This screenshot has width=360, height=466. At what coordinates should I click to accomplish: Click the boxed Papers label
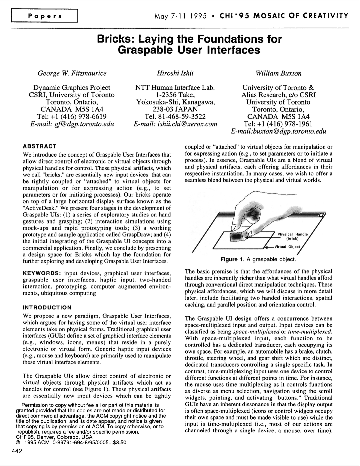(x=45, y=16)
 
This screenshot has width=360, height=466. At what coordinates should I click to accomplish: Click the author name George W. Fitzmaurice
(x=72, y=73)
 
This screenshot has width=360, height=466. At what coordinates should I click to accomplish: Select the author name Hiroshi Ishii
(x=175, y=73)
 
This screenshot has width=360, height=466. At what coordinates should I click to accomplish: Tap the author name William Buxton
(x=278, y=73)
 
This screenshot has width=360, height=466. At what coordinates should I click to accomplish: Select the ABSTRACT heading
(x=39, y=146)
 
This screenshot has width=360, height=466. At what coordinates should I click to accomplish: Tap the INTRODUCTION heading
(x=47, y=308)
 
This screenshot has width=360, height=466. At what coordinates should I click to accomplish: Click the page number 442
(x=17, y=451)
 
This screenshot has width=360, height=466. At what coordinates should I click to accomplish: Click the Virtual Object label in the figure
(x=287, y=247)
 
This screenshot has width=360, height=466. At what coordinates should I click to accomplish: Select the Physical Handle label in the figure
(x=293, y=235)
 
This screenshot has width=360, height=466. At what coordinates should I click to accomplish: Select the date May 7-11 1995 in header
(x=180, y=16)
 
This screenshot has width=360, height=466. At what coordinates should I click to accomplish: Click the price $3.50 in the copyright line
(x=118, y=443)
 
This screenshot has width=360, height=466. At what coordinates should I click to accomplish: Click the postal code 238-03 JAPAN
(x=175, y=109)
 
